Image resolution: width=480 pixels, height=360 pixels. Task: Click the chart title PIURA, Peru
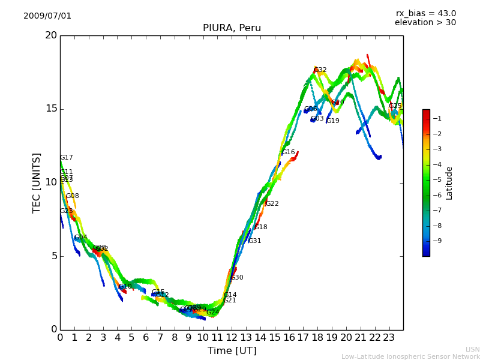pos(232,28)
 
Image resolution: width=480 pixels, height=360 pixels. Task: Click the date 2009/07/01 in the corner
pos(47,16)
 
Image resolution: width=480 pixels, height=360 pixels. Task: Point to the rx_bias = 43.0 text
pos(425,14)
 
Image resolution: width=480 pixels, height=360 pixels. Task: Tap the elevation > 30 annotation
pos(425,23)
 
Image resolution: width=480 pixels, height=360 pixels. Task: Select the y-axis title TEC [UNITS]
pos(37,182)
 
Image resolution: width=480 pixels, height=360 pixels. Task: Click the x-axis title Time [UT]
pos(232,350)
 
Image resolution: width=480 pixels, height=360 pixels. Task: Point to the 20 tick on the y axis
pos(51,35)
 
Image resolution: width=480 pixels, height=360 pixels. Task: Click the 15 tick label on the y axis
pos(51,109)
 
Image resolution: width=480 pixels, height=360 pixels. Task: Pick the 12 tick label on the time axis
pos(232,337)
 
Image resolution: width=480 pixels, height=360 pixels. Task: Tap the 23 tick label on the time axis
pos(389,337)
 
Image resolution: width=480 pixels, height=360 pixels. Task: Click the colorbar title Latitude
pos(449,183)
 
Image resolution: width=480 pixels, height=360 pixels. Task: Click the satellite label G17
pos(66,158)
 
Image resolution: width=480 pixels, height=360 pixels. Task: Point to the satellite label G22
pos(272,204)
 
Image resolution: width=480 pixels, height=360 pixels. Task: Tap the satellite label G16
pos(288,152)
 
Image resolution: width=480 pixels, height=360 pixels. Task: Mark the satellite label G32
pos(320,70)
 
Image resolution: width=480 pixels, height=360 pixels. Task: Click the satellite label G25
pos(395,106)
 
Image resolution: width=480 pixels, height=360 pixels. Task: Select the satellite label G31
pos(254,241)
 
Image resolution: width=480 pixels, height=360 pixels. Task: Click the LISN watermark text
pos(472,349)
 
